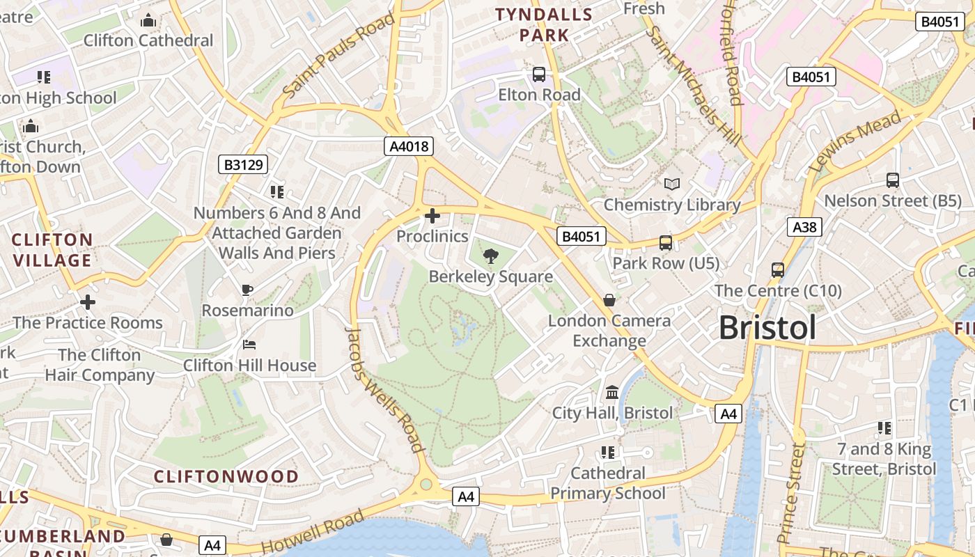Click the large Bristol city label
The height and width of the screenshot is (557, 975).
click(x=767, y=327)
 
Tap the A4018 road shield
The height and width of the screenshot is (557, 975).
click(x=409, y=146)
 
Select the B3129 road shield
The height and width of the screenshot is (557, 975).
click(x=243, y=164)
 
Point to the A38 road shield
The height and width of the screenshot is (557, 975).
click(x=804, y=227)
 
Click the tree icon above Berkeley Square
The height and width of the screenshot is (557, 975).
click(x=491, y=256)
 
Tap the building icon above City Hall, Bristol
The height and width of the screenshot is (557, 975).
click(x=612, y=393)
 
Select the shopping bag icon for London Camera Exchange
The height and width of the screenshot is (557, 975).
click(x=609, y=300)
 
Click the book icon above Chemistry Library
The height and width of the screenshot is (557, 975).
click(x=672, y=184)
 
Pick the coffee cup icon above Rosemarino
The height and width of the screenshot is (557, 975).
click(x=247, y=290)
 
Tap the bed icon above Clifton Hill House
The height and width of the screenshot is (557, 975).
click(x=249, y=345)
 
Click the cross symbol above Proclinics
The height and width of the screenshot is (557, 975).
click(x=432, y=216)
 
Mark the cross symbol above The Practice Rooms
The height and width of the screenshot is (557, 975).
click(x=88, y=302)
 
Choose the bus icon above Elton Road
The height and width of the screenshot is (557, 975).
click(x=539, y=74)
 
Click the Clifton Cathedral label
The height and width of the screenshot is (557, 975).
click(x=148, y=40)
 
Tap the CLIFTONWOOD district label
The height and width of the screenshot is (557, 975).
click(x=226, y=477)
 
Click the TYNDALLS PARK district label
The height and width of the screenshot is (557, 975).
click(x=544, y=24)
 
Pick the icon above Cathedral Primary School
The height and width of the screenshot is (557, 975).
click(x=608, y=453)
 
